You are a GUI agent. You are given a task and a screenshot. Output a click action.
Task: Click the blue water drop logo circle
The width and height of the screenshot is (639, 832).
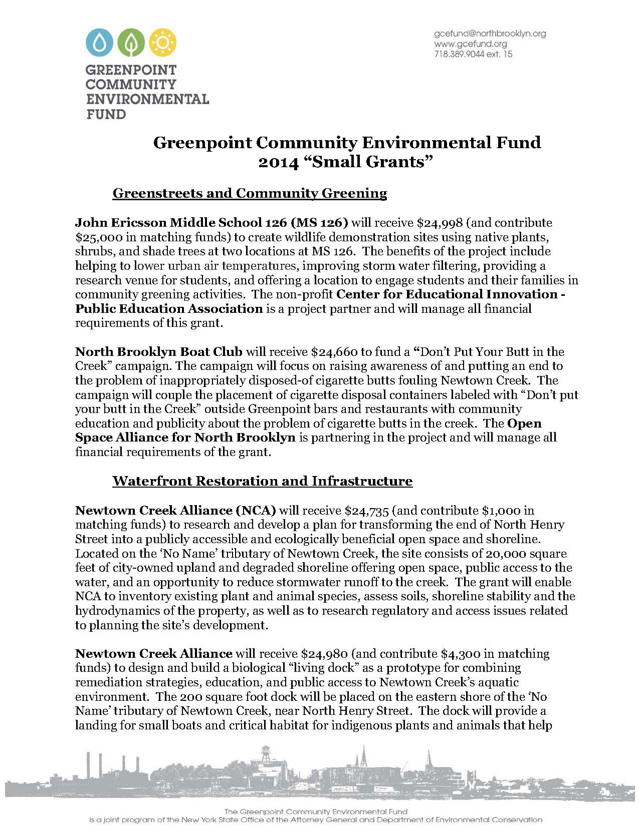[102, 43]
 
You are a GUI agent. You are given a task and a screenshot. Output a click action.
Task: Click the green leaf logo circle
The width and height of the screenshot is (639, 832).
[131, 43]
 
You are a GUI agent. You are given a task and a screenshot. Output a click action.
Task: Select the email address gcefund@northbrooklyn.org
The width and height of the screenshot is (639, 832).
[489, 34]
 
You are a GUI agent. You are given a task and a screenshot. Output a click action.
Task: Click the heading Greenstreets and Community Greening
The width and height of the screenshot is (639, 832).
[250, 193]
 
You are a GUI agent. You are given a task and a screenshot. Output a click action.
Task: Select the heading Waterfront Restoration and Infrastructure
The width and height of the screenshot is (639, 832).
[262, 481]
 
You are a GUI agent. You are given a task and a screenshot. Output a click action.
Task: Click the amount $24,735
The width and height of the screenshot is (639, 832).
[368, 510]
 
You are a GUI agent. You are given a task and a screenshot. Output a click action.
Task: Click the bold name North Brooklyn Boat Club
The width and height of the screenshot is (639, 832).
[158, 351]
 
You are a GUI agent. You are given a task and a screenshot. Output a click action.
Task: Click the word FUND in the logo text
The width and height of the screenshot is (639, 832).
[106, 114]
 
